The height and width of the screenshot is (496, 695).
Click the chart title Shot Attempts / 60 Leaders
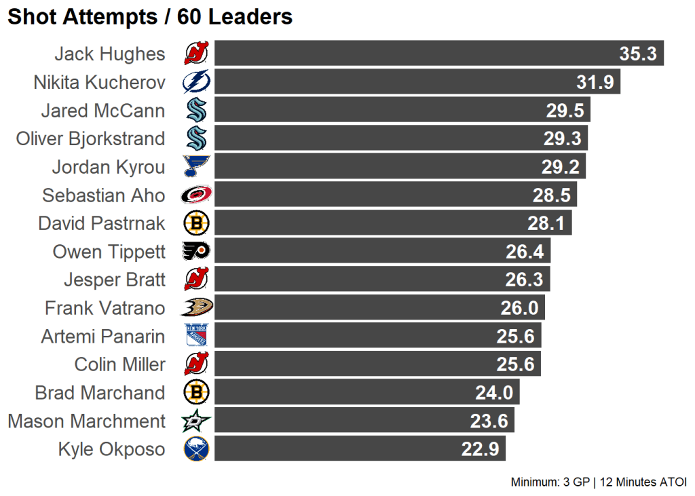(x=150, y=17)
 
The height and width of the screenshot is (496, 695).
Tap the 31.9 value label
(x=595, y=82)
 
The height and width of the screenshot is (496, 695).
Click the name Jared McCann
(x=102, y=111)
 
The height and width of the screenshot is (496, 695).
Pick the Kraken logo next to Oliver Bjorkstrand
(x=197, y=138)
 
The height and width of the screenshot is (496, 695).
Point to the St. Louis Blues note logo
(x=197, y=167)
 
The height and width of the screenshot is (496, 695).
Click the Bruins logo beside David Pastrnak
(x=197, y=223)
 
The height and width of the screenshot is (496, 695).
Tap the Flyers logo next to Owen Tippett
(x=197, y=252)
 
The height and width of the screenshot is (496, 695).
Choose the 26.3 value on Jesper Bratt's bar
(x=523, y=280)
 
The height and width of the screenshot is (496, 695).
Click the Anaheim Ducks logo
(x=197, y=308)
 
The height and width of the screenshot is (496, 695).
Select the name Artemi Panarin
(x=102, y=337)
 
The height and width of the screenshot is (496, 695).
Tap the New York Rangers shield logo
(x=197, y=337)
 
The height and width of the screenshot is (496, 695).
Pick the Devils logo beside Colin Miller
(x=197, y=364)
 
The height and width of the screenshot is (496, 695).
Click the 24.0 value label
(x=494, y=393)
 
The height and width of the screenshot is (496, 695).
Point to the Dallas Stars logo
(x=197, y=421)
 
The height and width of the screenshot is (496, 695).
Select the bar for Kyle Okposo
(x=360, y=449)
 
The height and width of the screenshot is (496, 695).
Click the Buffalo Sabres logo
(x=197, y=449)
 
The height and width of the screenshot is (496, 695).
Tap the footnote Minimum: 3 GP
(x=550, y=482)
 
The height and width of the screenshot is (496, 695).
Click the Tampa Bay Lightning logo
(x=197, y=82)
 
